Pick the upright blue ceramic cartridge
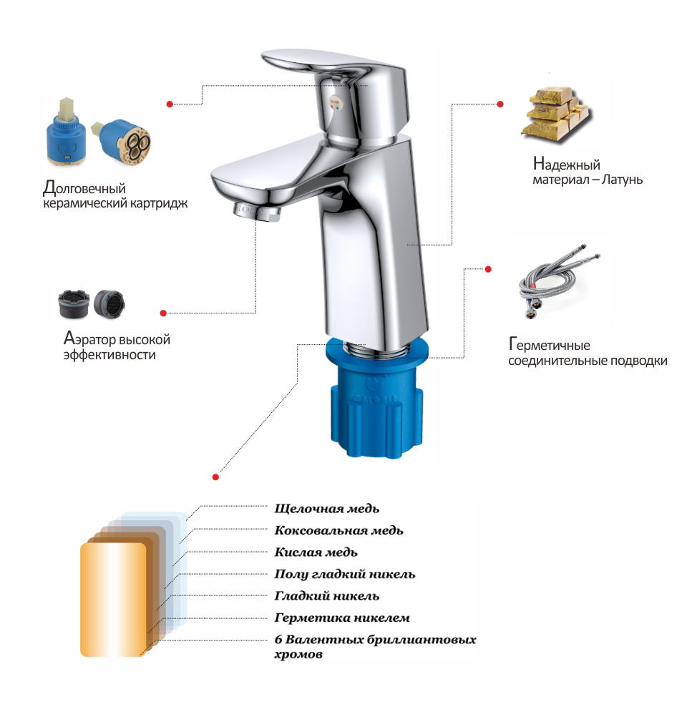point(63,132)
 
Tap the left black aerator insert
point(74,304)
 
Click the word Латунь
point(622,180)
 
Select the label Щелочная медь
point(326,509)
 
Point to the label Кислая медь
point(316,552)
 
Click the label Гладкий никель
point(326,596)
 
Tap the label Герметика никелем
point(341,618)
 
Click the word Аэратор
point(89,339)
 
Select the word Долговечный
point(84,188)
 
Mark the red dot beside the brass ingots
point(500,104)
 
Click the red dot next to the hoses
point(488,269)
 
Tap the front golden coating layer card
point(113,600)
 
